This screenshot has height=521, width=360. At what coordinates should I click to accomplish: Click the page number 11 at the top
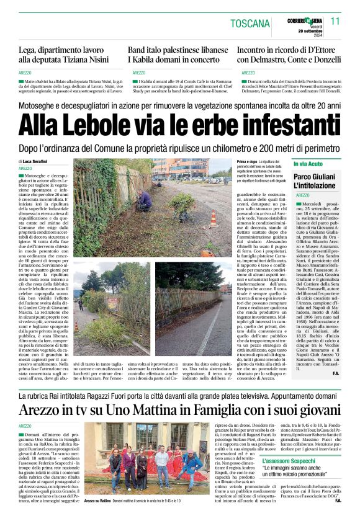pyautogui.click(x=335, y=20)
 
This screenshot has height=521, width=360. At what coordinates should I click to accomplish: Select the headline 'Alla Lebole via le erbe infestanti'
pyautogui.click(x=180, y=127)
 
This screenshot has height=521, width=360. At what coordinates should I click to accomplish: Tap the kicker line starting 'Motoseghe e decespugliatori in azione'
pyautogui.click(x=180, y=106)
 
